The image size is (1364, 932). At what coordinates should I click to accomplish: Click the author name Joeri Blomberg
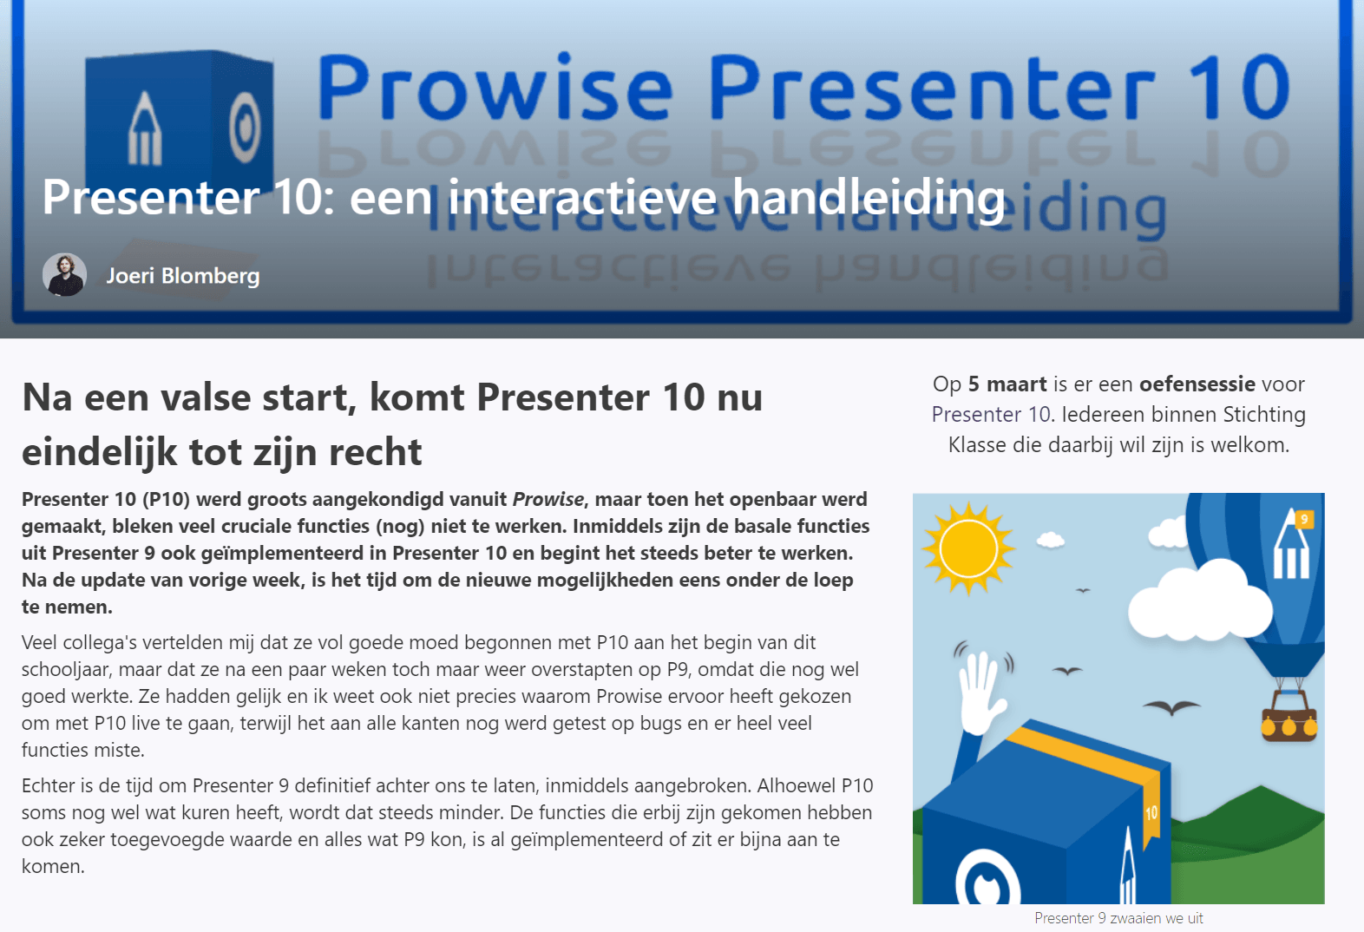click(x=182, y=276)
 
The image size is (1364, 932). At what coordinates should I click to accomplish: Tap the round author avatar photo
click(x=64, y=275)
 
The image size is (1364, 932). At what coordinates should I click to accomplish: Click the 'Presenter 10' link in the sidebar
click(x=991, y=415)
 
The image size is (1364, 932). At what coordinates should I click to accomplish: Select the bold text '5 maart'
click(x=1007, y=384)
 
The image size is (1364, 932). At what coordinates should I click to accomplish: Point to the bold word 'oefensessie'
click(x=1197, y=384)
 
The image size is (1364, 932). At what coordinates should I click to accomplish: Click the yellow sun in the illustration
click(x=967, y=549)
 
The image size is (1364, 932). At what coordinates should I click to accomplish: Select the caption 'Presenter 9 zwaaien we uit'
click(x=1118, y=918)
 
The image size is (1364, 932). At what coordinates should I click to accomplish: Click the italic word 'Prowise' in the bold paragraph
click(x=548, y=500)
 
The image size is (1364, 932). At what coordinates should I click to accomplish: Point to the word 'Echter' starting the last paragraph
click(x=49, y=786)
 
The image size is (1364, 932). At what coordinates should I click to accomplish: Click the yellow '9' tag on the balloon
click(x=1303, y=519)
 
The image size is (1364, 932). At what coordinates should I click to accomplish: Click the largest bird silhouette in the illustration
click(x=1171, y=706)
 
